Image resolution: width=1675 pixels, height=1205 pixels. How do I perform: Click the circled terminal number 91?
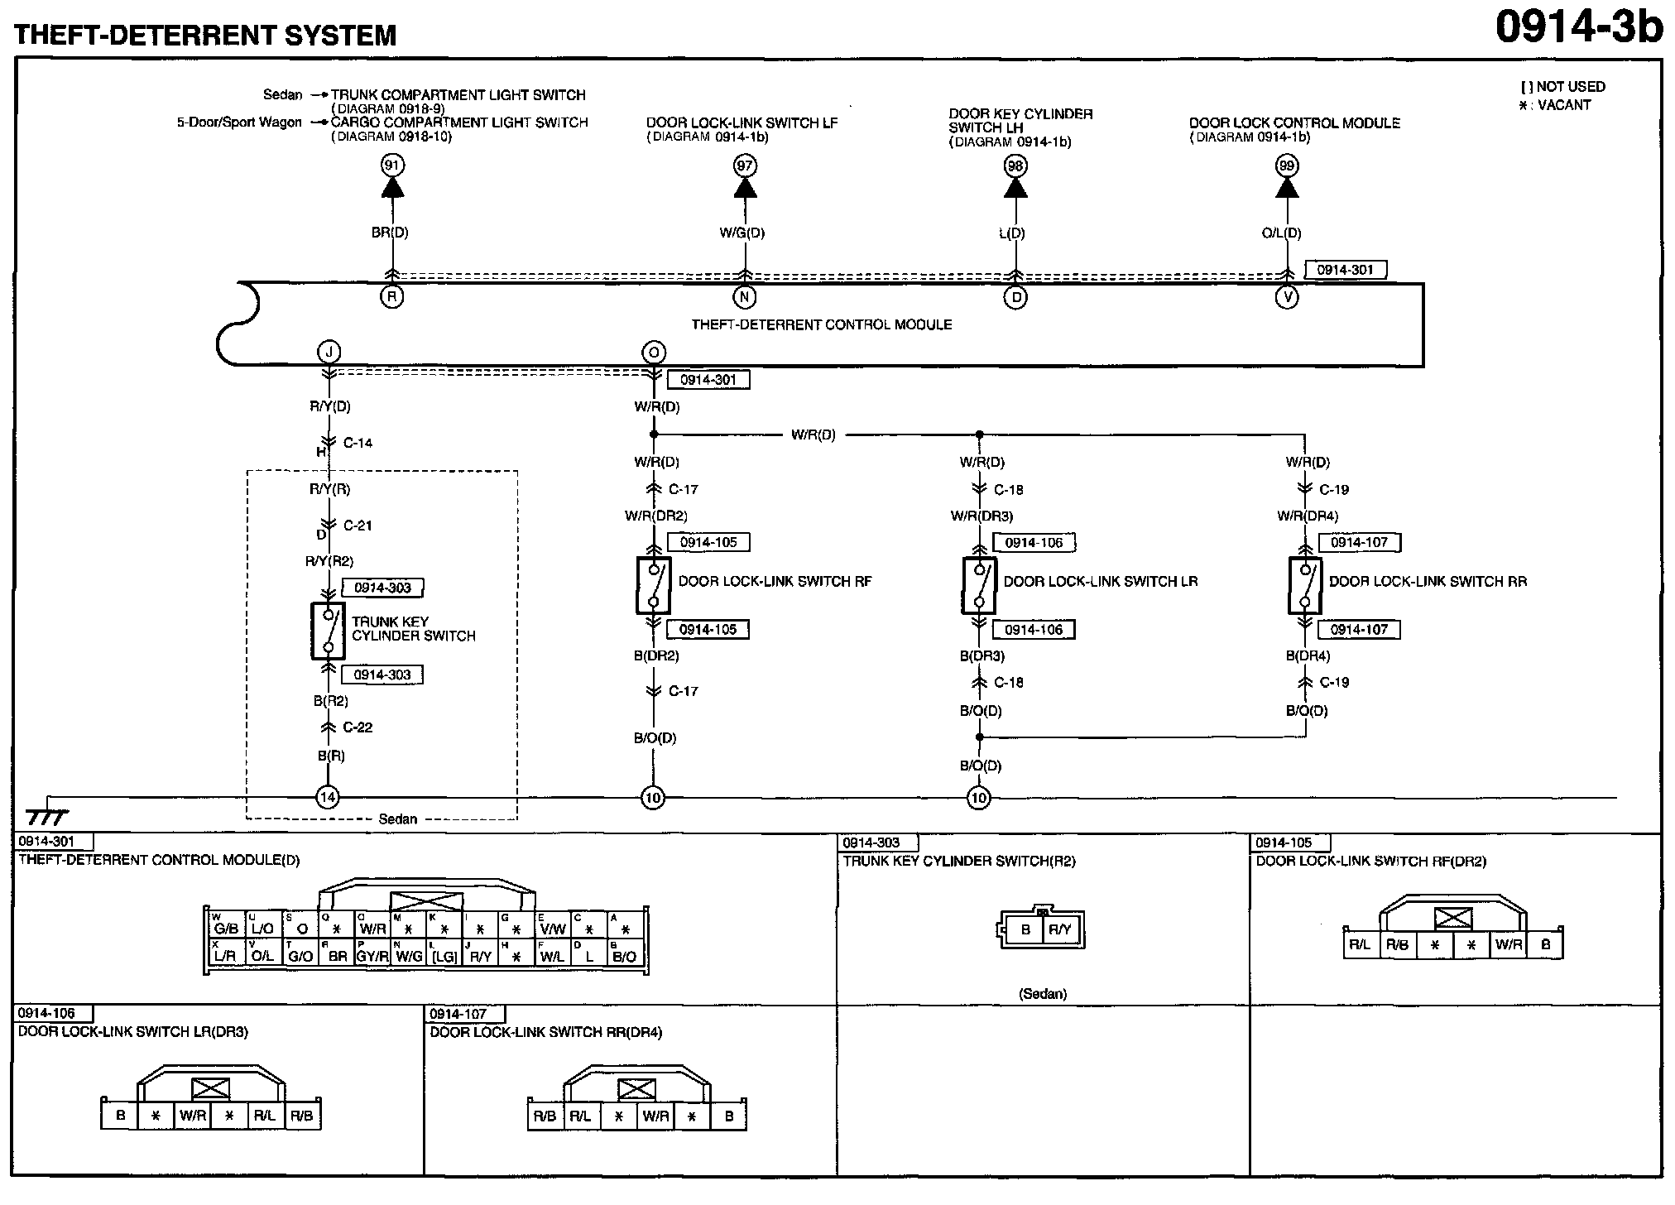tap(392, 166)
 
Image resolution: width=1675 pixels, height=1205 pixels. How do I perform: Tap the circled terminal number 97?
tap(745, 166)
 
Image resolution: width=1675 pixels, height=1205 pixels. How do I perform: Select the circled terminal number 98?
tap(1015, 166)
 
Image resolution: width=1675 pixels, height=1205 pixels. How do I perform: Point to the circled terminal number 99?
tap(1286, 166)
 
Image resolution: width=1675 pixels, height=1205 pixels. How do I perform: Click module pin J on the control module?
tap(329, 353)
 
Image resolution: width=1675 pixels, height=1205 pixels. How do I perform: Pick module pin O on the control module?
tap(654, 353)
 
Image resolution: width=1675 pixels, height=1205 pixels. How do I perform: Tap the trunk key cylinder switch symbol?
tap(329, 631)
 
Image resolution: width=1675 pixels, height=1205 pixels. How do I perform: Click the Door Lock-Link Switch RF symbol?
tap(654, 586)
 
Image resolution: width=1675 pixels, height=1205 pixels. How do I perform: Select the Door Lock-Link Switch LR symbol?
tap(979, 586)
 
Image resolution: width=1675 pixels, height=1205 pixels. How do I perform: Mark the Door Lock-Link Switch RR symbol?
tap(1305, 586)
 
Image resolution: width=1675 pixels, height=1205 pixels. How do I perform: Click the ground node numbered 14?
tap(329, 798)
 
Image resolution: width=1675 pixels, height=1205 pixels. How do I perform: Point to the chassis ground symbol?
tap(48, 816)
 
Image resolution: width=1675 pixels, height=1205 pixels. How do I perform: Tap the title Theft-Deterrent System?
tap(205, 35)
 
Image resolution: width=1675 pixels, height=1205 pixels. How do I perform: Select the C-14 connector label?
tap(358, 443)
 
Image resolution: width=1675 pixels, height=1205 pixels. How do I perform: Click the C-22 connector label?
tap(358, 727)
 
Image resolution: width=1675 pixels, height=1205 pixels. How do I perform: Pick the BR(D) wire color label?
tap(390, 233)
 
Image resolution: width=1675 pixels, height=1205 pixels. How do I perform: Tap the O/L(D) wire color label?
tap(1281, 233)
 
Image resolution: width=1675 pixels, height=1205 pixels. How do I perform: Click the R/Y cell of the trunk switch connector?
tap(1060, 930)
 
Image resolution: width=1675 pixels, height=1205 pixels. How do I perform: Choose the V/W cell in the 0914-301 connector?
tap(553, 929)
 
